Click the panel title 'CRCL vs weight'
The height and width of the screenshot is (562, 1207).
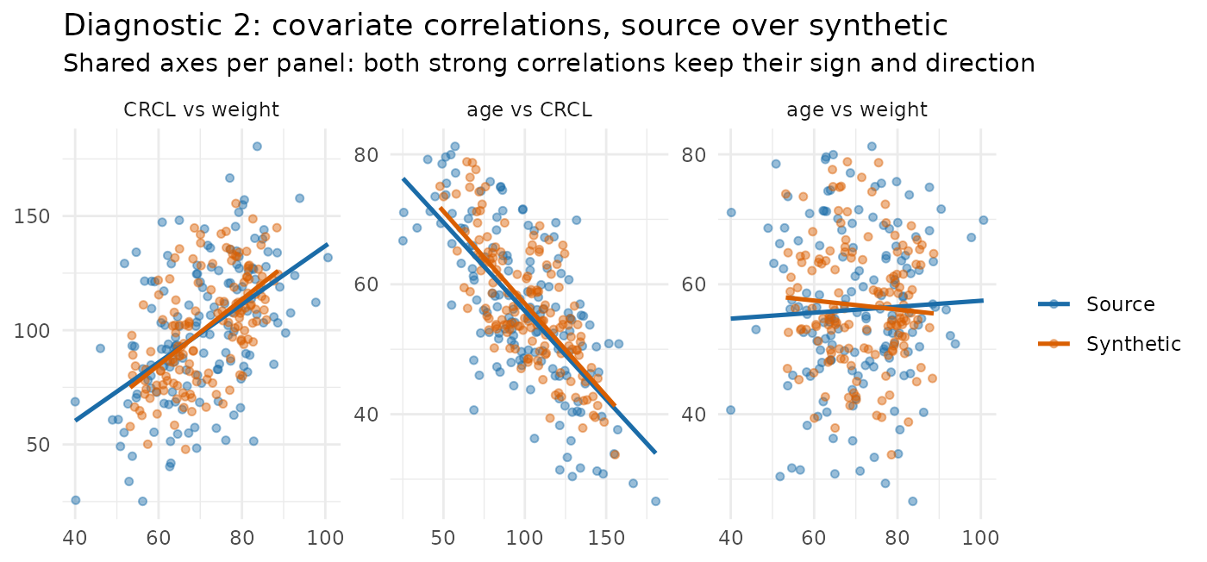pos(201,109)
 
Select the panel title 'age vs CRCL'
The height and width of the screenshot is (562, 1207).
pos(529,109)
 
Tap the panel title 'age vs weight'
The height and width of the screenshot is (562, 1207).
pos(857,109)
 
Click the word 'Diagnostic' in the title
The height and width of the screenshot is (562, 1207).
pos(146,25)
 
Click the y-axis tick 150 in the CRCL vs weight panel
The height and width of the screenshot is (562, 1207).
pos(32,216)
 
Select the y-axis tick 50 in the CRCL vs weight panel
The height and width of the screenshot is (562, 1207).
pos(38,445)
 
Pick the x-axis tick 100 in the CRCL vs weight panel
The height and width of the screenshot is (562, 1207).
pos(325,538)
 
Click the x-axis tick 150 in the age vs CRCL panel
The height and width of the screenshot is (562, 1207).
pos(606,538)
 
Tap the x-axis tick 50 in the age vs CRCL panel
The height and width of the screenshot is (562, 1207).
pos(443,538)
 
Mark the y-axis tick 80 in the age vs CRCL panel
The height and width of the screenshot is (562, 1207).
pos(366,155)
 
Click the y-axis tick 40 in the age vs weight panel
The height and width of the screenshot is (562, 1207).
pos(694,415)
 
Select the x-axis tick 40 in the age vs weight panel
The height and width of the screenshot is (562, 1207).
pos(731,538)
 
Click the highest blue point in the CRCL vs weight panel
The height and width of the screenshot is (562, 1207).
pos(257,147)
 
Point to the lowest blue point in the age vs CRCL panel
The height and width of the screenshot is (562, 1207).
pos(655,501)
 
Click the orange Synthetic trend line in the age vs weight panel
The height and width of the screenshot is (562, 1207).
pos(860,305)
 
